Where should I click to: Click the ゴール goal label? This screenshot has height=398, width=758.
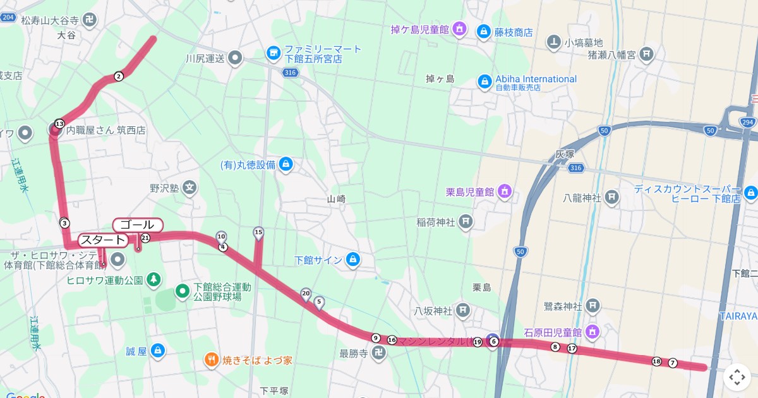pyautogui.click(x=138, y=225)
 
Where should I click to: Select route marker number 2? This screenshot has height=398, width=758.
pyautogui.click(x=119, y=76)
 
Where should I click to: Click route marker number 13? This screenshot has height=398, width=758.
pyautogui.click(x=59, y=123)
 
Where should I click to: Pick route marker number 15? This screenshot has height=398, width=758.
pyautogui.click(x=258, y=232)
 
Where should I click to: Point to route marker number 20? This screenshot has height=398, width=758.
pyautogui.click(x=306, y=293)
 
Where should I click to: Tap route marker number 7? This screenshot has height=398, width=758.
pyautogui.click(x=673, y=363)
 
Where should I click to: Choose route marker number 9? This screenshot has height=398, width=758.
pyautogui.click(x=376, y=338)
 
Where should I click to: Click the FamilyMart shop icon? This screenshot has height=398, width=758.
pyautogui.click(x=274, y=52)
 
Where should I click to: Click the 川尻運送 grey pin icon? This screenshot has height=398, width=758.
pyautogui.click(x=235, y=59)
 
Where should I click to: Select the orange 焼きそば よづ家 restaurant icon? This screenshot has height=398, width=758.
pyautogui.click(x=212, y=360)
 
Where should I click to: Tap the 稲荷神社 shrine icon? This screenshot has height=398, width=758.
pyautogui.click(x=465, y=221)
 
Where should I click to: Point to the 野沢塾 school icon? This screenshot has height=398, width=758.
pyautogui.click(x=190, y=188)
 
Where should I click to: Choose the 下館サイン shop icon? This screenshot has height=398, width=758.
pyautogui.click(x=353, y=260)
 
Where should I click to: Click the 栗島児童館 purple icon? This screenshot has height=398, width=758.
pyautogui.click(x=504, y=191)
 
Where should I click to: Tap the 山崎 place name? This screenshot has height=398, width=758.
pyautogui.click(x=336, y=198)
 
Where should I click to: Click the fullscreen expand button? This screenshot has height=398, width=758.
pyautogui.click(x=737, y=377)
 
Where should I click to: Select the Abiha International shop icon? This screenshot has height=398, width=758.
pyautogui.click(x=484, y=81)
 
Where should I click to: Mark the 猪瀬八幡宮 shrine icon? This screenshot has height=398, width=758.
pyautogui.click(x=646, y=54)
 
